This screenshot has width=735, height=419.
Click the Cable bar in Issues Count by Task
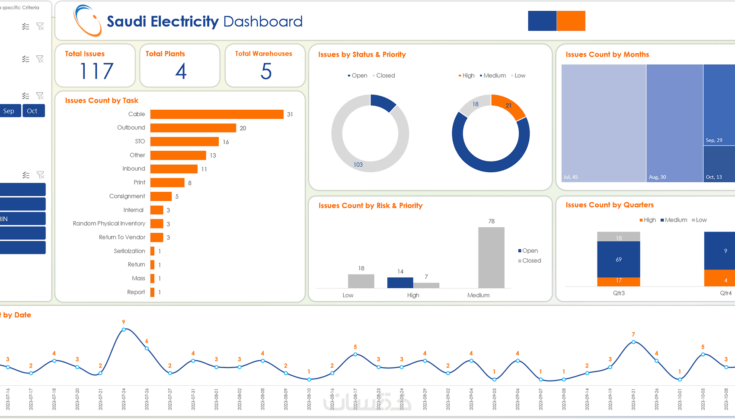coord(217,114)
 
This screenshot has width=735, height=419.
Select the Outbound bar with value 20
coord(193,128)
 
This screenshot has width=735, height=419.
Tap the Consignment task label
coord(127,196)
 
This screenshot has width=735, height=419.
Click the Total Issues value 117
coord(96,71)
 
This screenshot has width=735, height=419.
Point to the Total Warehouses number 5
coord(266,71)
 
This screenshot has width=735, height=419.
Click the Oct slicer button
coord(33,111)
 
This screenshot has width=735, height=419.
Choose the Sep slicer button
coord(10,111)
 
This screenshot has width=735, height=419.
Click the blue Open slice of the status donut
coord(383,102)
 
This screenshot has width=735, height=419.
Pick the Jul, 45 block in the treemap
coord(604,123)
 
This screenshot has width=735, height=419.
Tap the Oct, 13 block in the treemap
coord(719,164)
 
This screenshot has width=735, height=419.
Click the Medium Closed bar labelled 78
coord(491,257)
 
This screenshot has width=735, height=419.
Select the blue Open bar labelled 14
coord(400,283)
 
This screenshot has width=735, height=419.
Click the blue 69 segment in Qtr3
coord(618,259)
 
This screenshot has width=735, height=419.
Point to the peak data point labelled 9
coord(124,330)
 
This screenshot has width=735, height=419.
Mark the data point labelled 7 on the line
coord(633,342)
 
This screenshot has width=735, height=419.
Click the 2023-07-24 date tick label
coord(124,398)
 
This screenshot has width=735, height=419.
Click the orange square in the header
coord(571,21)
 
